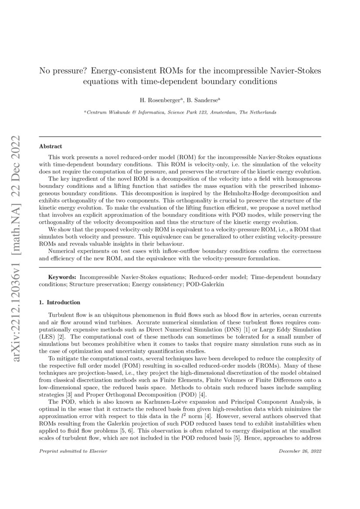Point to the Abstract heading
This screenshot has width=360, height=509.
pos(51,146)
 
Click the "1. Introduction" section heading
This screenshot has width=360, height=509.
pos(60,302)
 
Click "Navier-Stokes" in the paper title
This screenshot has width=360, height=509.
pos(300,71)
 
